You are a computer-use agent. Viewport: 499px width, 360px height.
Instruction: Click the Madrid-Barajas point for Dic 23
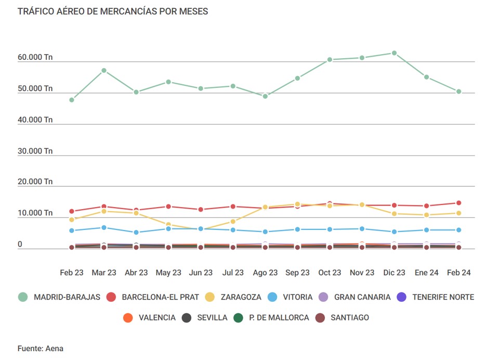pyautogui.click(x=394, y=53)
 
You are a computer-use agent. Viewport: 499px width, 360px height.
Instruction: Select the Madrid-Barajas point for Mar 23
pyautogui.click(x=104, y=70)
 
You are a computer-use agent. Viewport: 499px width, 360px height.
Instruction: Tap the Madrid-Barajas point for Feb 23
pyautogui.click(x=72, y=100)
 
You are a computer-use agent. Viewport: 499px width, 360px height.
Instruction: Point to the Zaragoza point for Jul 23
pyautogui.click(x=233, y=222)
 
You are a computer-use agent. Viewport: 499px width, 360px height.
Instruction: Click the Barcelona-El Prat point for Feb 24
pyautogui.click(x=458, y=203)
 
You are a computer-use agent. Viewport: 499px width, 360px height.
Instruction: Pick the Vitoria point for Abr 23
pyautogui.click(x=136, y=233)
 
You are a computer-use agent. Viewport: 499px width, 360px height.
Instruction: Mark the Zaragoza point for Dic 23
pyautogui.click(x=394, y=214)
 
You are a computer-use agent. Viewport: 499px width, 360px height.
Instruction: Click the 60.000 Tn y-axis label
pyautogui.click(x=35, y=57)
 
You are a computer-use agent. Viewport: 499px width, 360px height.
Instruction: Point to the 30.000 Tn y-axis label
pyautogui.click(x=35, y=151)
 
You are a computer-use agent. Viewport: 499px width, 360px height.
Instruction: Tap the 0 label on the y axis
pyautogui.click(x=20, y=244)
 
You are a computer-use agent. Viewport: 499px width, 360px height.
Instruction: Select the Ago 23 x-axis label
pyautogui.click(x=265, y=273)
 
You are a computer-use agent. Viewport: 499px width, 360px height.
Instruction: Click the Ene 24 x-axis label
pyautogui.click(x=426, y=273)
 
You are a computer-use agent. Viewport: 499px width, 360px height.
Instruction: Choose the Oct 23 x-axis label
pyautogui.click(x=330, y=273)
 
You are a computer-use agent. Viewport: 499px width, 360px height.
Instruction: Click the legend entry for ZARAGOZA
pyautogui.click(x=240, y=297)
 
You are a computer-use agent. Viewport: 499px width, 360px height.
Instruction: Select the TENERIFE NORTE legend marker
pyautogui.click(x=401, y=297)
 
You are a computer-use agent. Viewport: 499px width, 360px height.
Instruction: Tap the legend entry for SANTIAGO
pyautogui.click(x=349, y=317)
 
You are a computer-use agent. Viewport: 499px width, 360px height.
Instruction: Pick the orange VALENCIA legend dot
pyautogui.click(x=128, y=317)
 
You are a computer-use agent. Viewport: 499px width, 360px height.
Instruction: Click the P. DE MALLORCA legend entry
pyautogui.click(x=279, y=317)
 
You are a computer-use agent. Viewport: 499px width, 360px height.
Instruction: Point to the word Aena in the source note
pyautogui.click(x=54, y=349)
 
